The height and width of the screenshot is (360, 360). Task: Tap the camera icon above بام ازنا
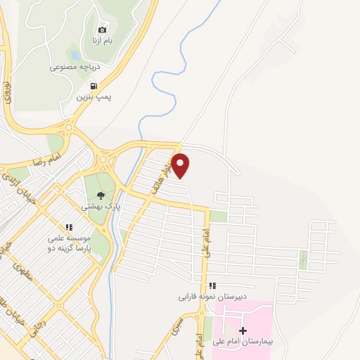[x=102, y=30]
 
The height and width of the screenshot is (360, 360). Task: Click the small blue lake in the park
[x=73, y=54]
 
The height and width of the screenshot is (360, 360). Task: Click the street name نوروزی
[x=8, y=93]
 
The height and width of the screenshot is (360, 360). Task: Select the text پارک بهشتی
[x=101, y=207]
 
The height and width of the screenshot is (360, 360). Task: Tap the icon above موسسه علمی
[x=69, y=227]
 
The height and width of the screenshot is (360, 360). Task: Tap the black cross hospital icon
[x=243, y=330]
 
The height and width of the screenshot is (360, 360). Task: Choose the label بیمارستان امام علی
[x=244, y=341]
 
